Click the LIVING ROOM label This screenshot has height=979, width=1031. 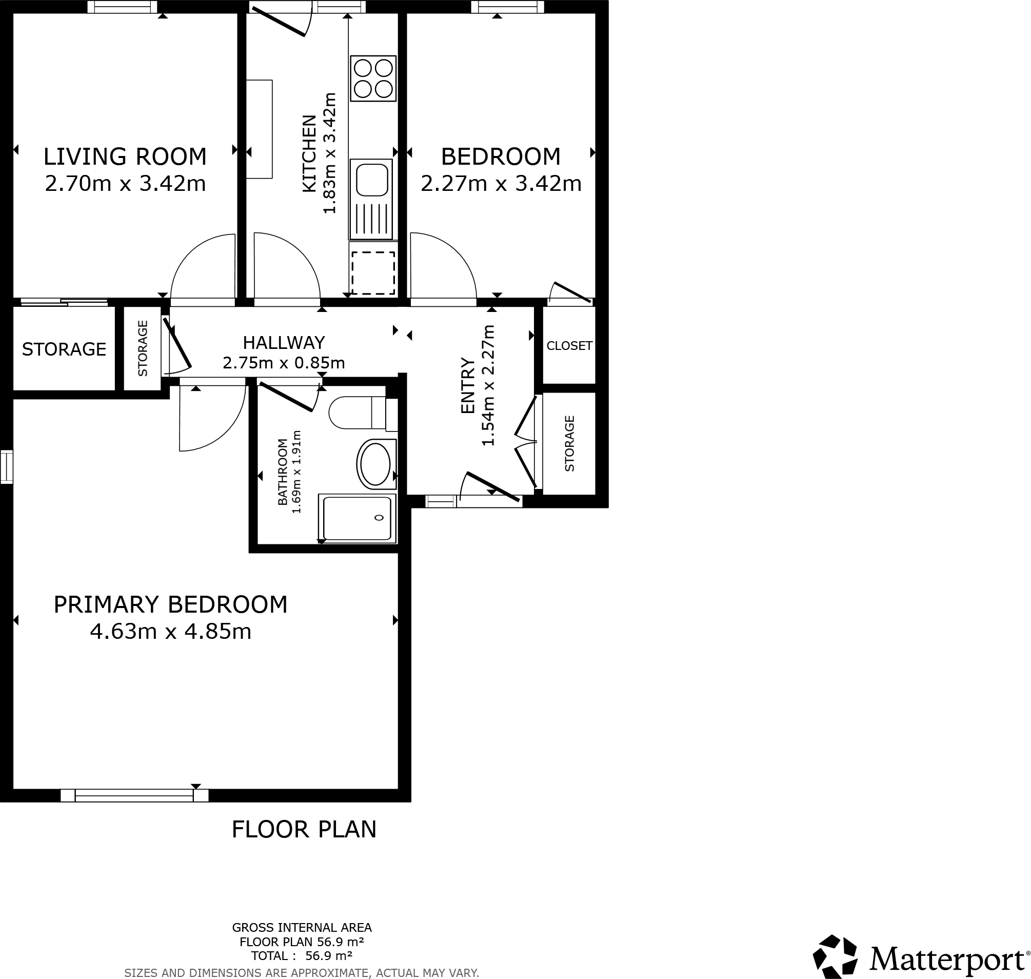(125, 156)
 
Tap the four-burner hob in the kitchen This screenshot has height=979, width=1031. (373, 79)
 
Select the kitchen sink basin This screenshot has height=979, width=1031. (371, 179)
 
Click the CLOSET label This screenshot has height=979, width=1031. (569, 345)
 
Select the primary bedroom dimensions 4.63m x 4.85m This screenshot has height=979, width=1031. (171, 632)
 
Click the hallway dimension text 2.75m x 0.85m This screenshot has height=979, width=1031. (284, 363)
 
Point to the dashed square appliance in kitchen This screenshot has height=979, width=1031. (372, 273)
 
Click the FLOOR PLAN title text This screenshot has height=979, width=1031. (304, 829)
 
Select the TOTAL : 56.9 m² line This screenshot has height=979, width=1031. (302, 955)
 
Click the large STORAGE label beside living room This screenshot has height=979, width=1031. (64, 348)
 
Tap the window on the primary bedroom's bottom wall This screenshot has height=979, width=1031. (134, 795)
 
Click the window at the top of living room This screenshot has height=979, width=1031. (122, 7)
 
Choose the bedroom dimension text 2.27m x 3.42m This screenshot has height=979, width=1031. (501, 184)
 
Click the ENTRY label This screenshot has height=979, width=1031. (467, 386)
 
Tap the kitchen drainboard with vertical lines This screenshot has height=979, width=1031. (371, 219)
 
